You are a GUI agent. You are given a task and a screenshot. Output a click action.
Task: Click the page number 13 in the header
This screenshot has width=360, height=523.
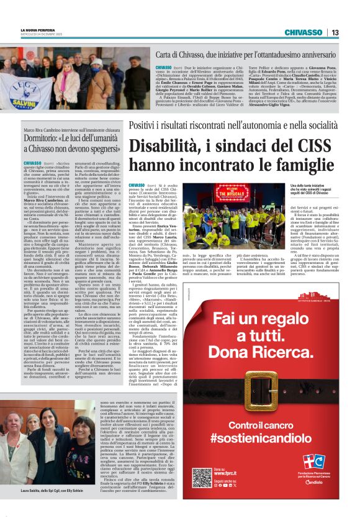pyautogui.click(x=335, y=32)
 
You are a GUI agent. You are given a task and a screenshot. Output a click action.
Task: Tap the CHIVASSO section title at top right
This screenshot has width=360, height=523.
pyautogui.click(x=302, y=32)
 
